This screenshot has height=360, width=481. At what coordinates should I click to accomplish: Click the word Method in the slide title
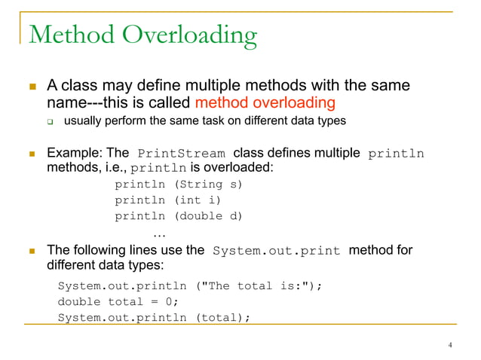point(71,35)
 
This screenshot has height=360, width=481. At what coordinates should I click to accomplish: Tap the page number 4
point(450,346)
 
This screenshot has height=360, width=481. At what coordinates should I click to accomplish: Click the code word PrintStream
point(183,154)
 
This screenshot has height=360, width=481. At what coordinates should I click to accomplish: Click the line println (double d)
point(179,217)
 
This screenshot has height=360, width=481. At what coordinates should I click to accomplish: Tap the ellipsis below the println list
point(159,233)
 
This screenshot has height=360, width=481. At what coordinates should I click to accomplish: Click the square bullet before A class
point(32,87)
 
